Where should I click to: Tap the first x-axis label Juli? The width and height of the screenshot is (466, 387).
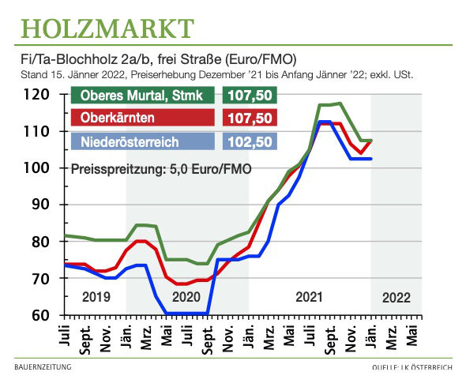point(64,335)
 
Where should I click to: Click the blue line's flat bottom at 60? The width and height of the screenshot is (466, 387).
point(187,314)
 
